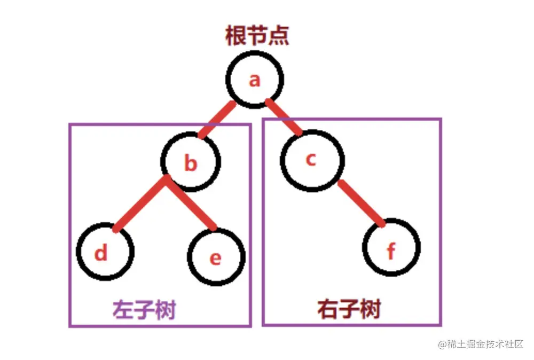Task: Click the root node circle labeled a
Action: click(255, 81)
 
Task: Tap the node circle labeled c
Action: click(312, 159)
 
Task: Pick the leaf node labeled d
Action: click(105, 252)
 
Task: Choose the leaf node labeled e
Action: click(216, 256)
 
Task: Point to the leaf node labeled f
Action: click(391, 249)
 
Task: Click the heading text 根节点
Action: click(257, 36)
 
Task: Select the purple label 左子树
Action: click(144, 310)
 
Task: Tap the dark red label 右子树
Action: click(349, 309)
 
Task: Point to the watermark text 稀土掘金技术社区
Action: click(481, 344)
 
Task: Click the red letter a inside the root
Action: click(255, 81)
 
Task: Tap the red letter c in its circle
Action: click(311, 159)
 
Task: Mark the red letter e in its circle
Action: click(215, 258)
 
